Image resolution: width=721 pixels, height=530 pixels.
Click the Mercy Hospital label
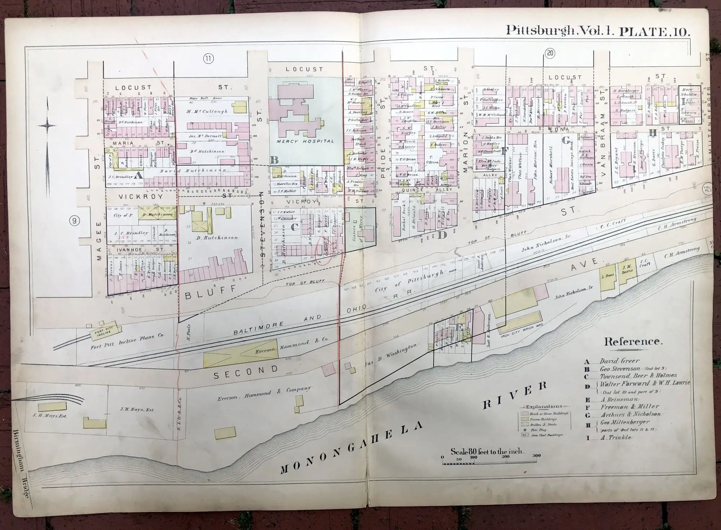click(305, 141)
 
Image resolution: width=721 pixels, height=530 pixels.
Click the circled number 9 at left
click(74, 221)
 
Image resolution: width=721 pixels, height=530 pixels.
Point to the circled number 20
click(550, 54)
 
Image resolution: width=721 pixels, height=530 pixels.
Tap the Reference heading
click(633, 341)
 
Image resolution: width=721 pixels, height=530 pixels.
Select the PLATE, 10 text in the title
click(654, 30)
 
